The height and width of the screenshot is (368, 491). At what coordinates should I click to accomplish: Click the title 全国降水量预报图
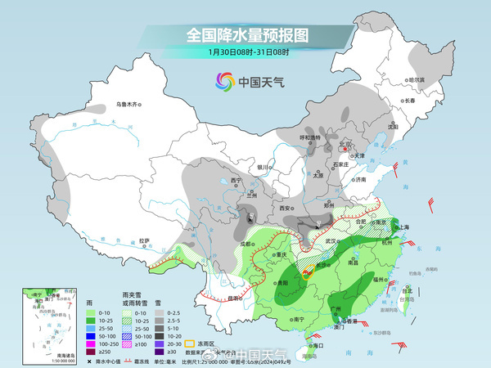245,35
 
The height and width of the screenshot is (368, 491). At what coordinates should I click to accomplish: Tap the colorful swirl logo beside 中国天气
224,82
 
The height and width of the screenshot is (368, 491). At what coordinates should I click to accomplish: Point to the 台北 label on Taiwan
407,289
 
